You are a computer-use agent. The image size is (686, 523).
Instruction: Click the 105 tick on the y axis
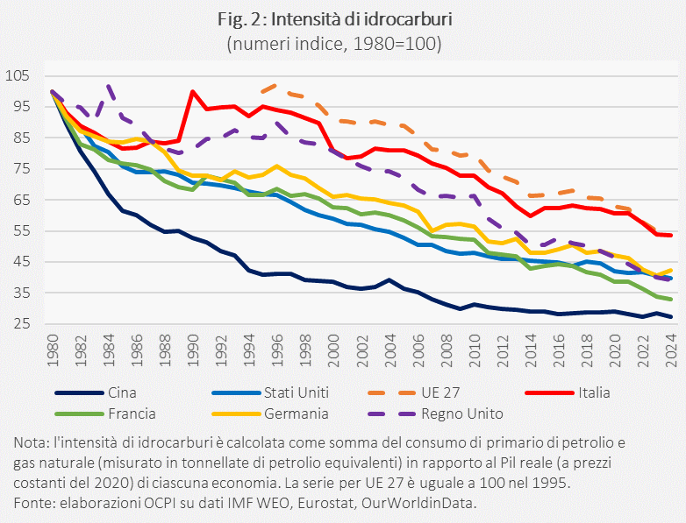point(18,75)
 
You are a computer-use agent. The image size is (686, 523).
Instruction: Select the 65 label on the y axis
point(21,200)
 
